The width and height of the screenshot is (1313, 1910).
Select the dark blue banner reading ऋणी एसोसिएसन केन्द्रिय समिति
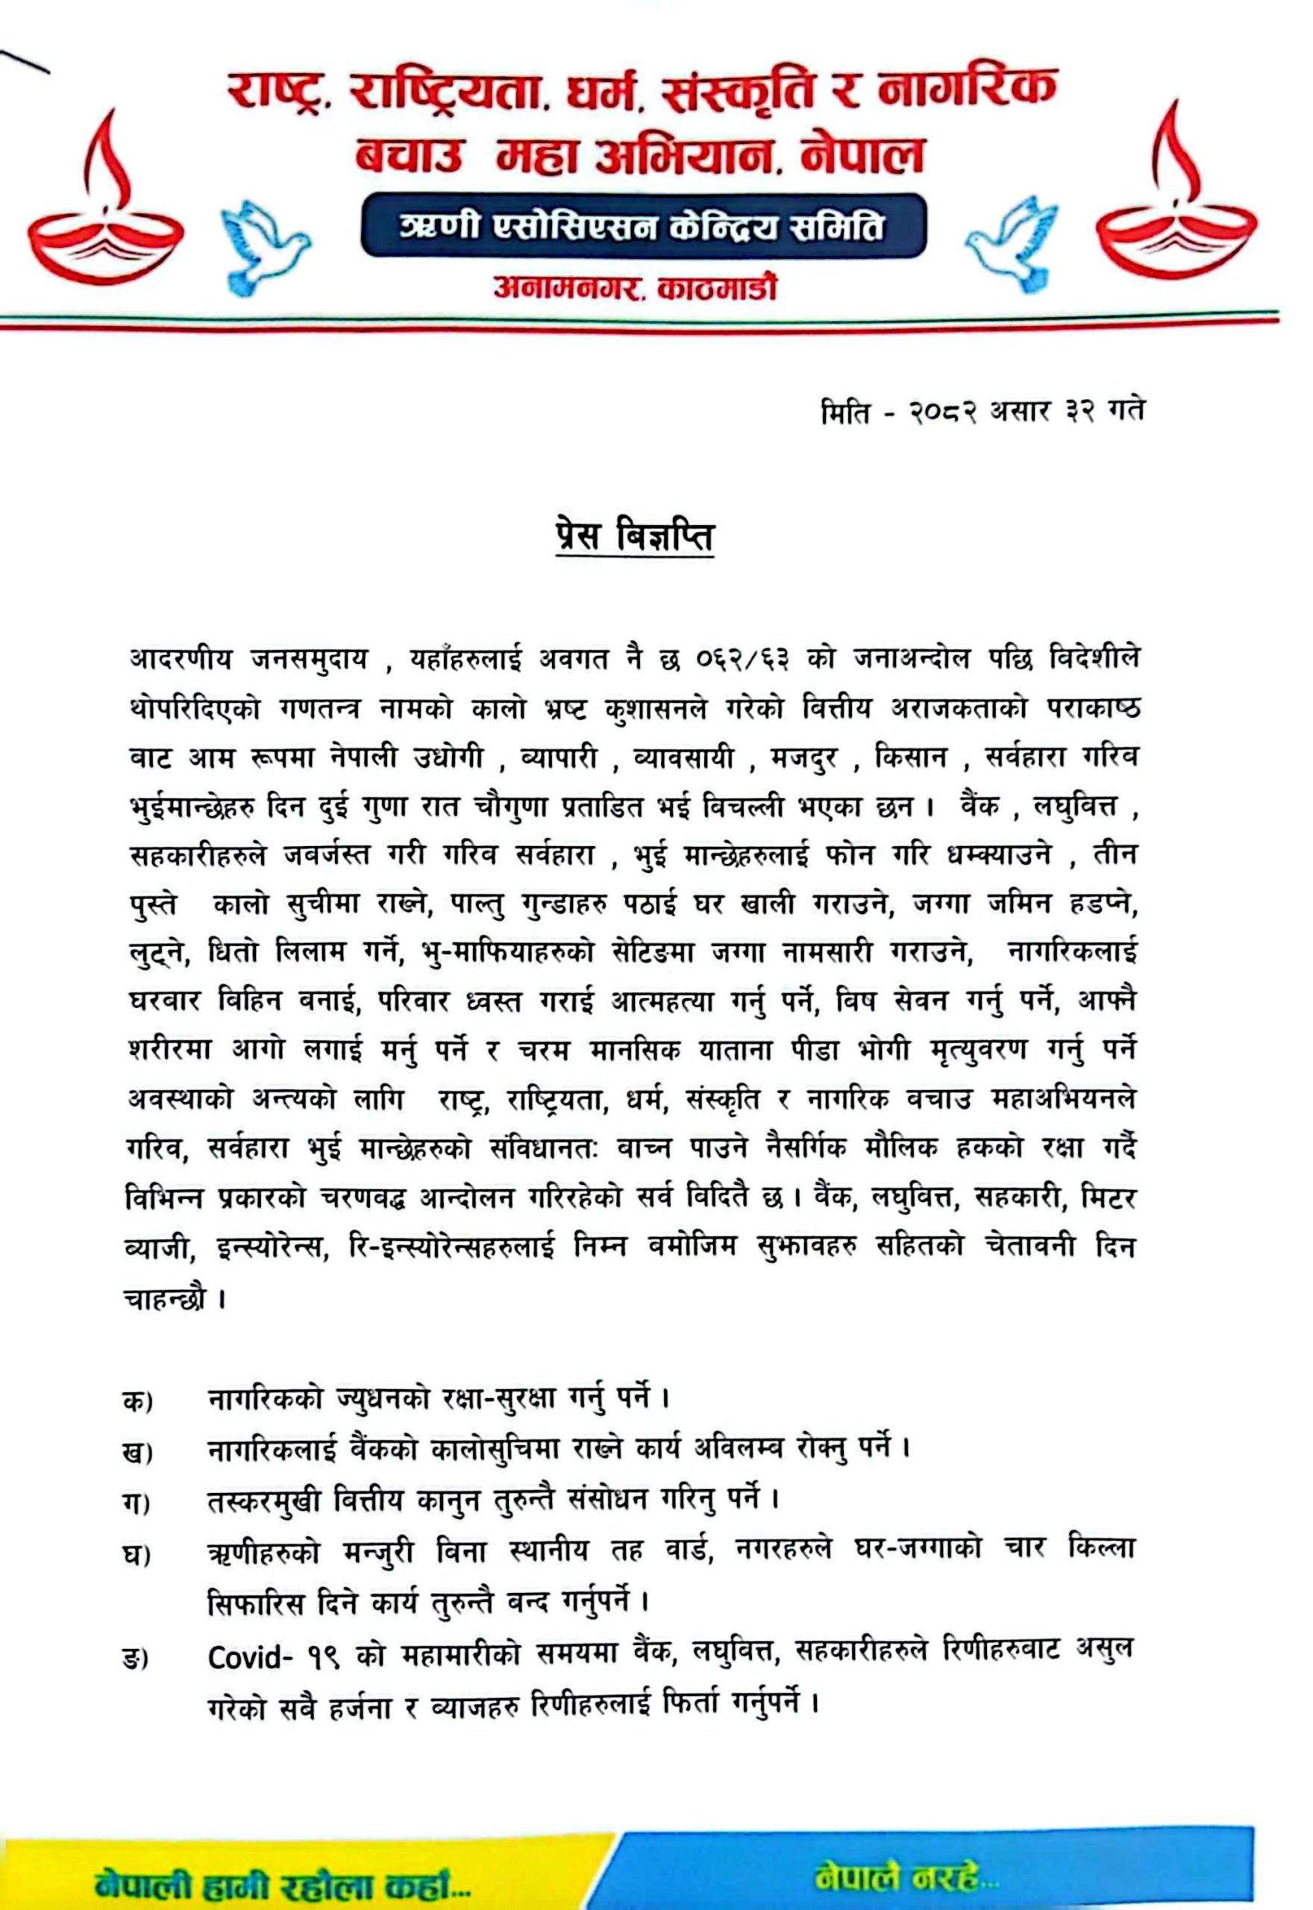click(643, 225)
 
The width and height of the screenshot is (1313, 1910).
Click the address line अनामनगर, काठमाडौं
click(635, 288)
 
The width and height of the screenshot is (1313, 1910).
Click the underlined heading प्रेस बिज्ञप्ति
click(635, 537)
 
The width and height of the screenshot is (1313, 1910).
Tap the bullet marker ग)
click(137, 1502)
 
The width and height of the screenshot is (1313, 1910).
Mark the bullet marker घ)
click(138, 1554)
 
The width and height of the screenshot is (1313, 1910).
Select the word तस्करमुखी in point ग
click(266, 1500)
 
